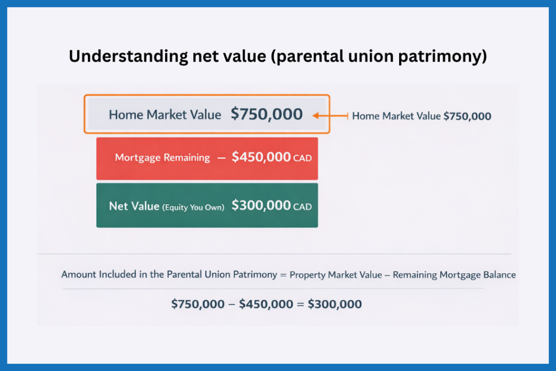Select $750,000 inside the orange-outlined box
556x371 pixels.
pyautogui.click(x=267, y=114)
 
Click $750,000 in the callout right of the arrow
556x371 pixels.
pyautogui.click(x=467, y=116)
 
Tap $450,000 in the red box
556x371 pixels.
pyautogui.click(x=261, y=157)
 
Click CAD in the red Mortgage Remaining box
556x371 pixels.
pyautogui.click(x=302, y=158)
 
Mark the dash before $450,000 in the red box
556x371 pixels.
pyautogui.click(x=222, y=158)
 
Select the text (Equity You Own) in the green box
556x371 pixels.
pyautogui.click(x=193, y=207)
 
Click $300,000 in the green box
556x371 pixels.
pyautogui.click(x=261, y=206)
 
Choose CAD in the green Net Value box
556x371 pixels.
pyautogui.click(x=302, y=207)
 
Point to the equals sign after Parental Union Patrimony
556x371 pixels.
pyautogui.click(x=283, y=275)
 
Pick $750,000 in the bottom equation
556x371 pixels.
pyautogui.click(x=198, y=304)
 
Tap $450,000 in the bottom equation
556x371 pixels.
pyautogui.click(x=266, y=304)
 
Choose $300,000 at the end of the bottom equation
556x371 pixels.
pyautogui.click(x=334, y=304)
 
